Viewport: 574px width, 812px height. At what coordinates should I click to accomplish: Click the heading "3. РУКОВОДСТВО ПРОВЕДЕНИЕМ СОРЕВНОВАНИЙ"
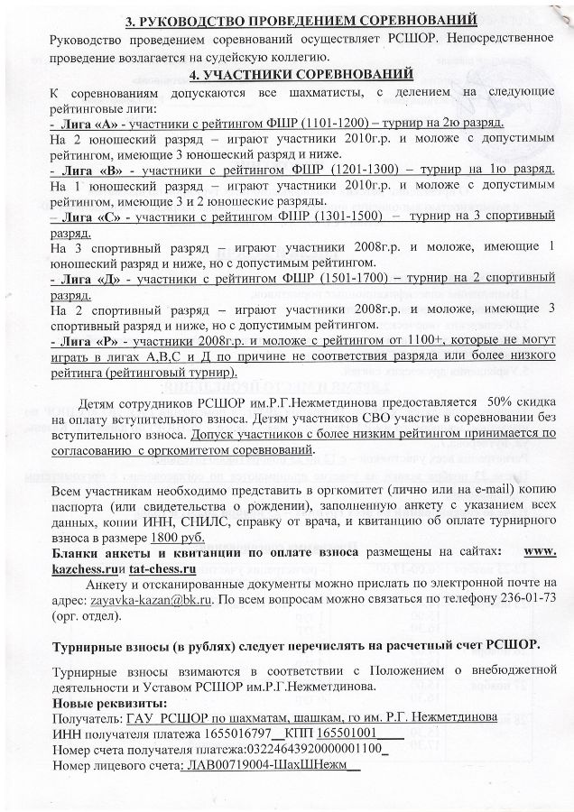pos(288,19)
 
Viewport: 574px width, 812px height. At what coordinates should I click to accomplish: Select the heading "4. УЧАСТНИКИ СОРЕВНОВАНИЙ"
pos(288,72)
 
